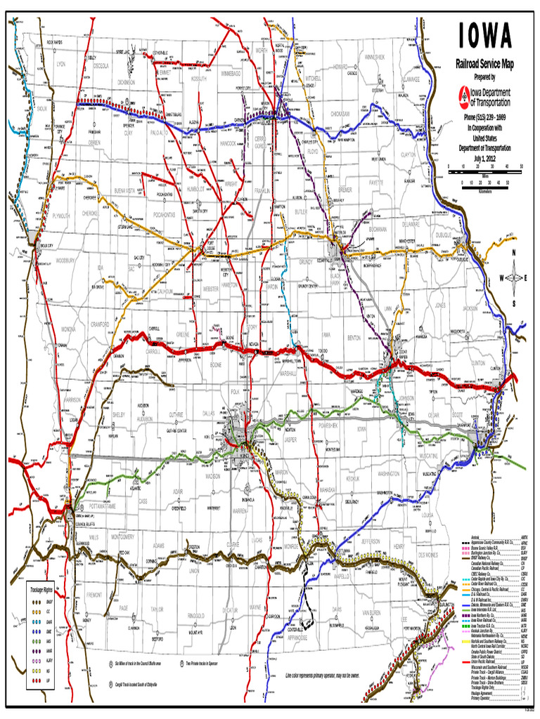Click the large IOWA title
[485, 37]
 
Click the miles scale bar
[485, 167]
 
